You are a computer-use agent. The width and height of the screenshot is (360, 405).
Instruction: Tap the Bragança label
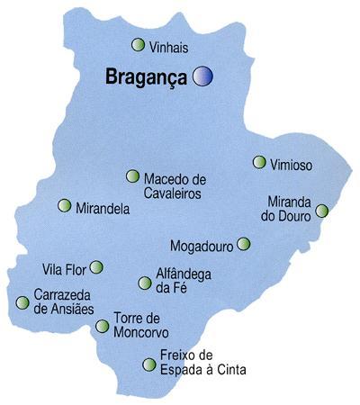pos(144,76)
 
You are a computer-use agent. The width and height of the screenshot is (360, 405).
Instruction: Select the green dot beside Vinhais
pos(138,44)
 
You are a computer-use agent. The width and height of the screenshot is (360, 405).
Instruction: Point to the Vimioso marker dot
pos(259,163)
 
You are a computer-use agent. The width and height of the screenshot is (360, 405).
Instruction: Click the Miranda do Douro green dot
pos(321,211)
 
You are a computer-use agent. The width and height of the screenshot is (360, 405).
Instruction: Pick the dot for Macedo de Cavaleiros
pos(133,176)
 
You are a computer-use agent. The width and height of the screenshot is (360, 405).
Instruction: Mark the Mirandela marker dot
pos(64,205)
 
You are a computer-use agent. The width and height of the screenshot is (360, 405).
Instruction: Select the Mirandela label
pos(103,208)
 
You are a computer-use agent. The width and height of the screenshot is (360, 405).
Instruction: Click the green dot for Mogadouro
pos(243,243)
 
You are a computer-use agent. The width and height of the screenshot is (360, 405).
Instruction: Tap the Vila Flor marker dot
pos(96,266)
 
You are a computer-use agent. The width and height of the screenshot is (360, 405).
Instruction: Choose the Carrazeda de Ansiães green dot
pos(22,302)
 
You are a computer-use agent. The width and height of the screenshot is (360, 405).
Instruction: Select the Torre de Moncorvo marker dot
pos(102,325)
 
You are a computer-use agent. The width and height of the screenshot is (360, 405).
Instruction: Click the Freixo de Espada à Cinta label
pos(201,362)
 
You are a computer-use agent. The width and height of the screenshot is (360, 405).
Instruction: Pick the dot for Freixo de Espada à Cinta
pos(148,364)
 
